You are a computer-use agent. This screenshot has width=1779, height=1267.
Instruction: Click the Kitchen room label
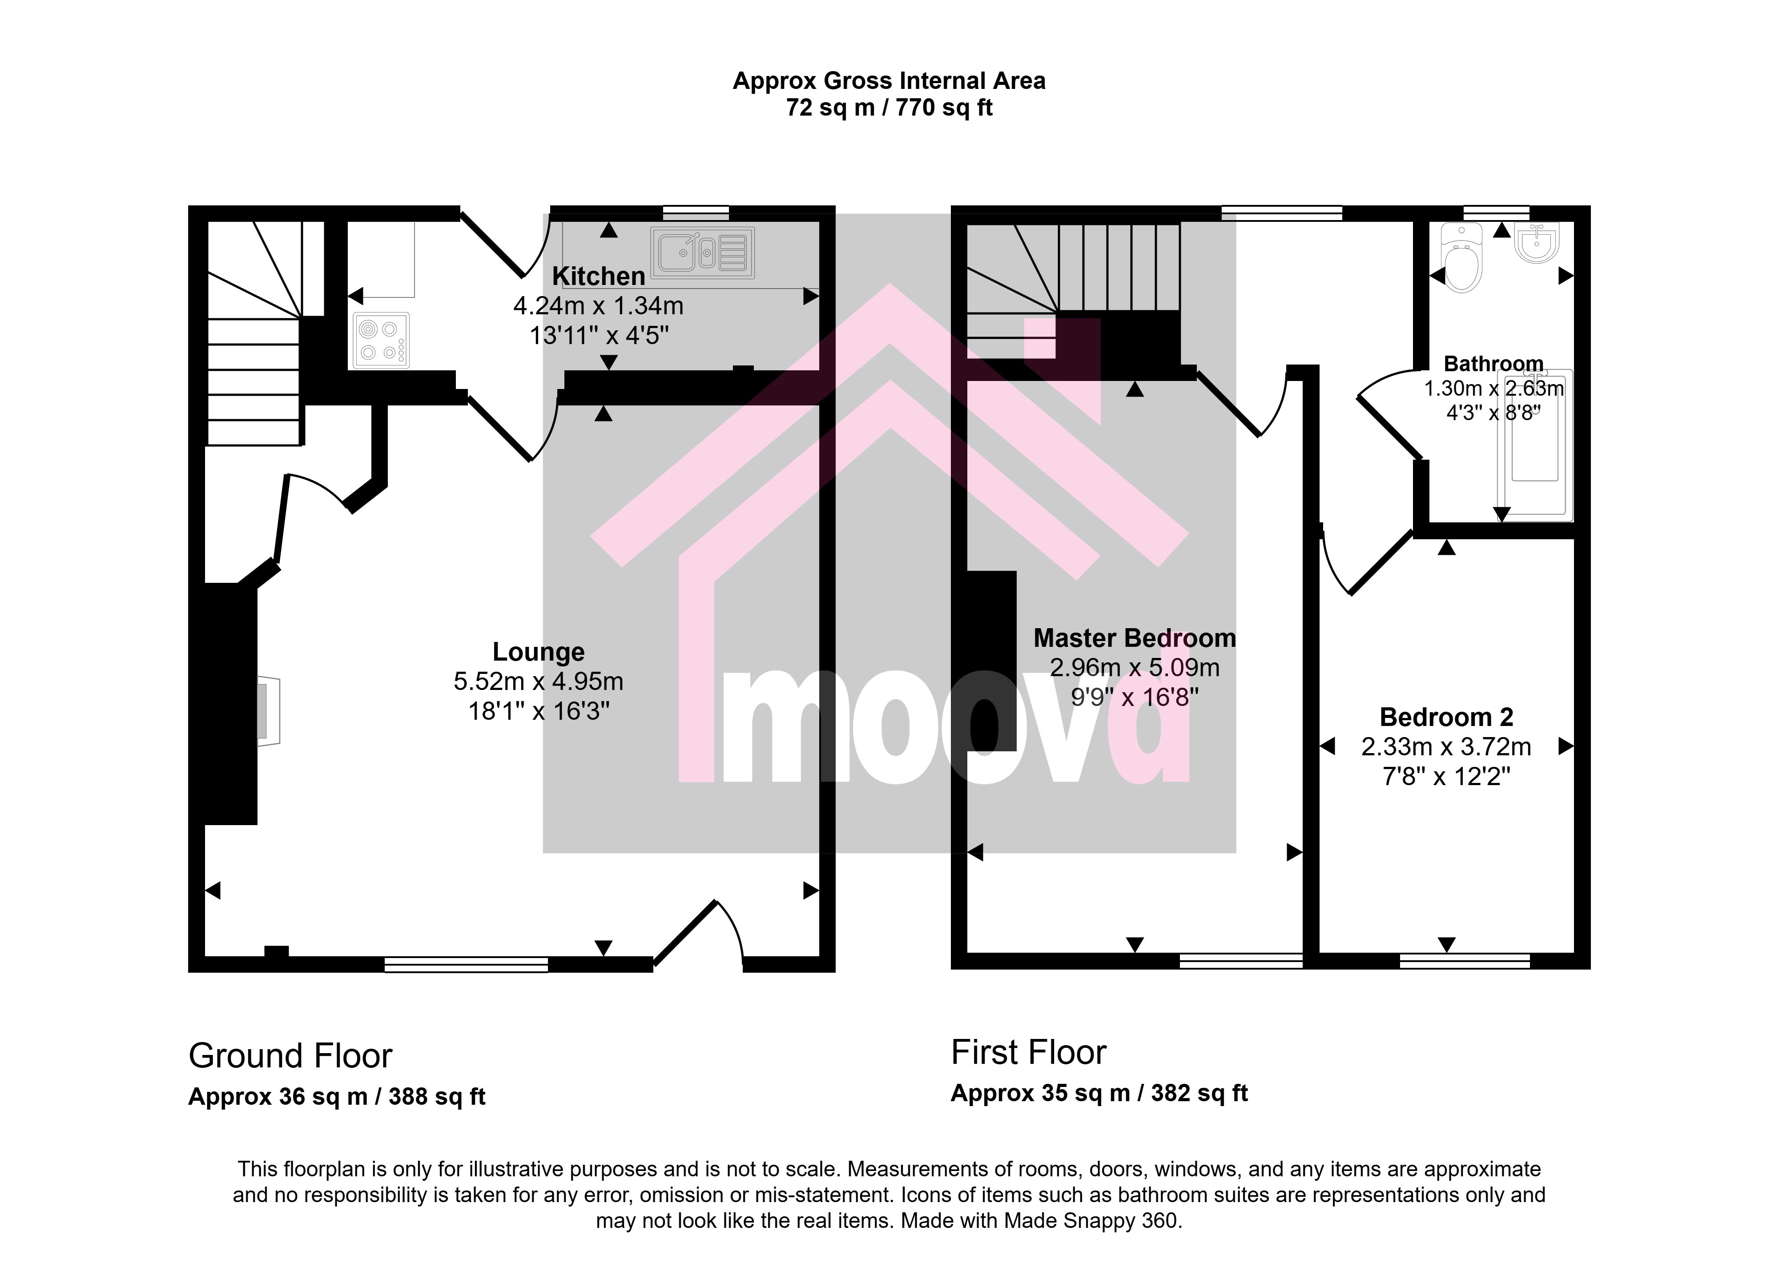[599, 276]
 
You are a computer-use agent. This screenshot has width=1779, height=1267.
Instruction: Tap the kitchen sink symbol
[702, 253]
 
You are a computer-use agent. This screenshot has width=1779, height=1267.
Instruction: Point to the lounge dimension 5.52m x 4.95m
[539, 682]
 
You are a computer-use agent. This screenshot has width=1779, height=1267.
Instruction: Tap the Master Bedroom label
[1135, 638]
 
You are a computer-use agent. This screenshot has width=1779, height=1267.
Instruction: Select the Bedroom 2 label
[1447, 717]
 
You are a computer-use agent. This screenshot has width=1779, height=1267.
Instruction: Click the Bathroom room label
[1493, 364]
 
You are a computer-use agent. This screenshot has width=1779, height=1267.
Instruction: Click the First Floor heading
[1028, 1052]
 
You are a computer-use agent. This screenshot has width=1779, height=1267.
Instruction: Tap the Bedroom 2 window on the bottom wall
[1465, 961]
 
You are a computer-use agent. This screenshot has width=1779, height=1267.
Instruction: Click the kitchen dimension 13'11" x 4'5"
[599, 336]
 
